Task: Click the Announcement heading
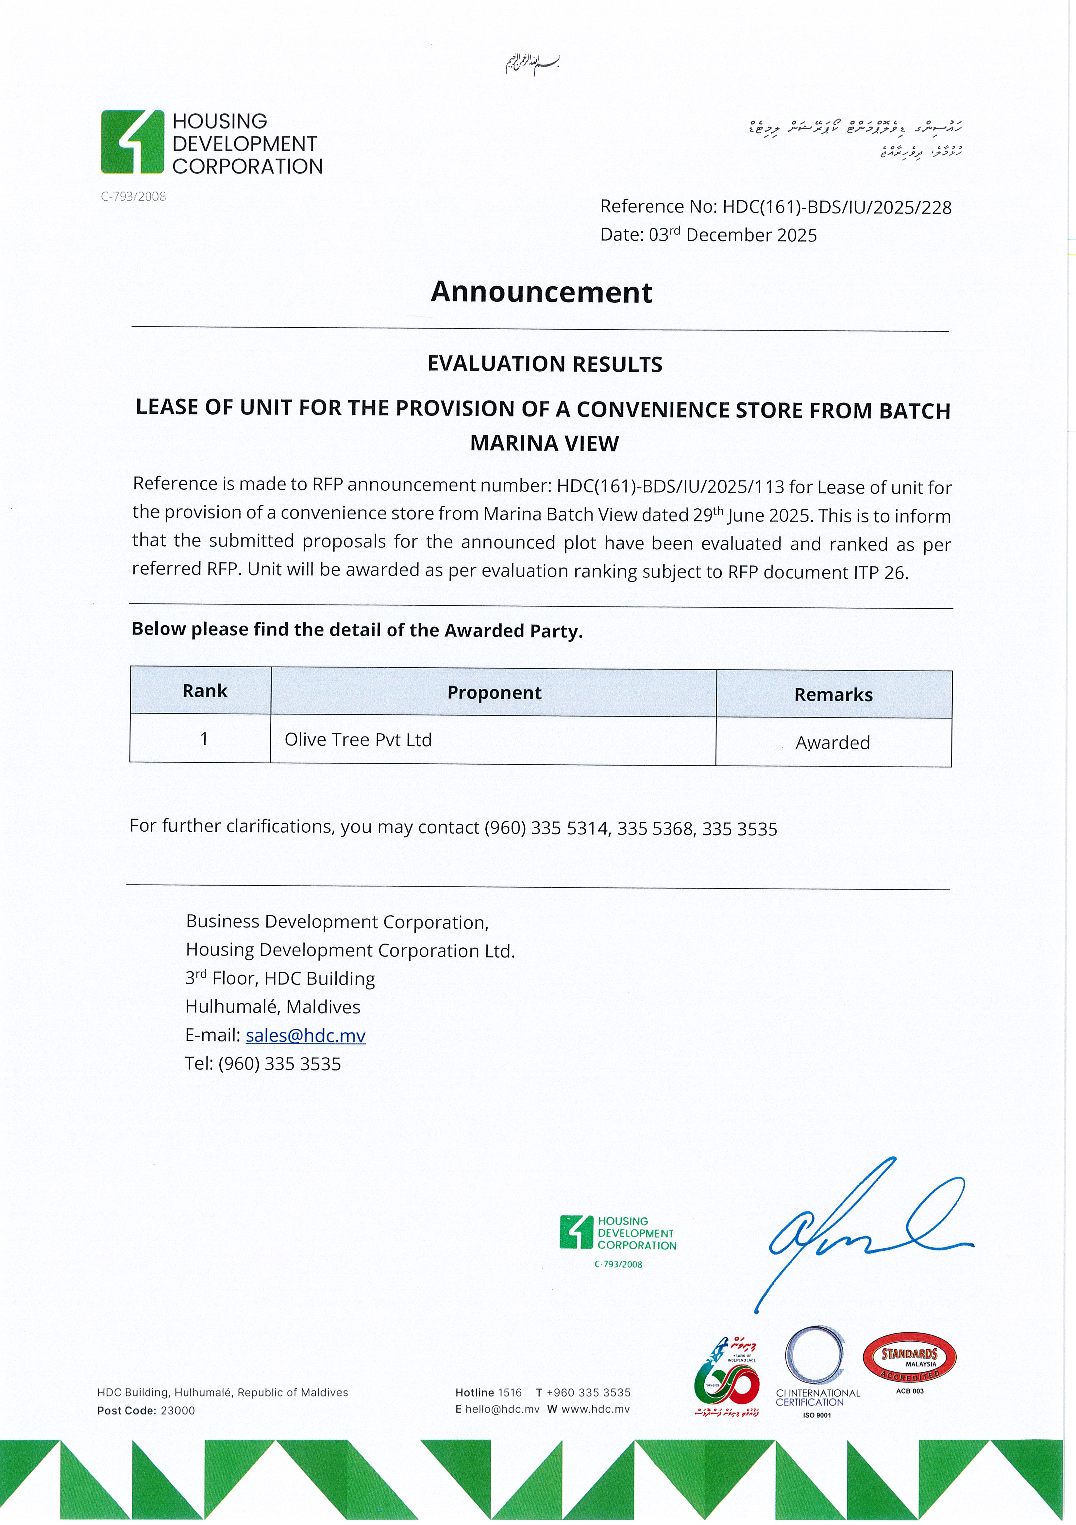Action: click(541, 292)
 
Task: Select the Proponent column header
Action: click(494, 693)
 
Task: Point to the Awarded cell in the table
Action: click(833, 743)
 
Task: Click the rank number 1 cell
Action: click(204, 738)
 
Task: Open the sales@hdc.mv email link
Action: click(306, 1036)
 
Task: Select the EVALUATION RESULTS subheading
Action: click(545, 364)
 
